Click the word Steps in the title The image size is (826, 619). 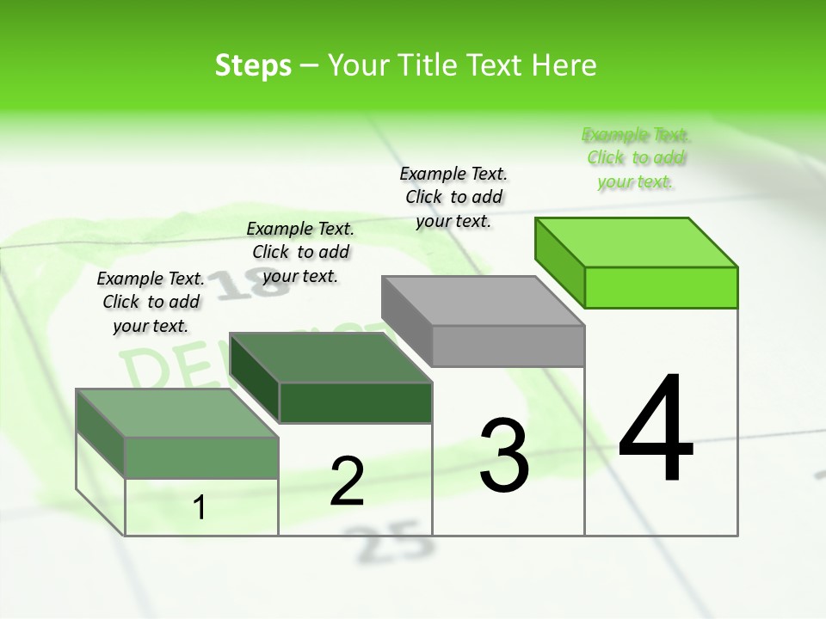pyautogui.click(x=253, y=65)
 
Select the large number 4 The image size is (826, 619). pyautogui.click(x=656, y=430)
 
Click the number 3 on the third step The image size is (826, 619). pyautogui.click(x=504, y=455)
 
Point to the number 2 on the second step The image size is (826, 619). pyautogui.click(x=347, y=481)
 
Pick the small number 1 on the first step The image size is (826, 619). pyautogui.click(x=200, y=508)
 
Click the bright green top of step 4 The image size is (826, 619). pyautogui.click(x=637, y=242)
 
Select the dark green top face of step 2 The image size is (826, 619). pyautogui.click(x=331, y=358)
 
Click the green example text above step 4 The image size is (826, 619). pyautogui.click(x=636, y=158)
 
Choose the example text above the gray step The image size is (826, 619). pyautogui.click(x=453, y=197)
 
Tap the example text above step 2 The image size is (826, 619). pyautogui.click(x=300, y=252)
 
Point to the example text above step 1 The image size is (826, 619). pyautogui.click(x=151, y=302)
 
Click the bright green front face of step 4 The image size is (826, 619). pyautogui.click(x=661, y=287)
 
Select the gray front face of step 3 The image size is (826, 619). pyautogui.click(x=508, y=346)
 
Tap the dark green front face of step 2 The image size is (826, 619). pyautogui.click(x=355, y=402)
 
